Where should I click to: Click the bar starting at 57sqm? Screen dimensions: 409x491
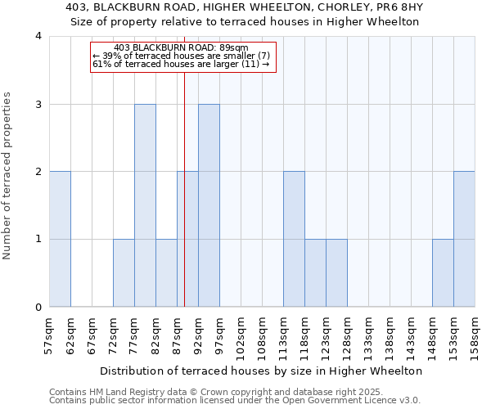coord(60,240)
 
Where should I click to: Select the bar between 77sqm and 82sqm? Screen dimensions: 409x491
coord(145,205)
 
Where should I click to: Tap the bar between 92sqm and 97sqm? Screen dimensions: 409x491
coord(209,205)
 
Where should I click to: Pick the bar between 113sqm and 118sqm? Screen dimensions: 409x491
coord(294,240)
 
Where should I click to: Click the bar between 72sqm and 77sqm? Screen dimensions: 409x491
coord(124,273)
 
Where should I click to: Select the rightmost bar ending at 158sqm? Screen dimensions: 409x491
coord(464,240)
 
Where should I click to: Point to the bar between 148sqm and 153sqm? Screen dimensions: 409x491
coord(443,273)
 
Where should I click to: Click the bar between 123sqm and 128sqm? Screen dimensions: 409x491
coord(336,273)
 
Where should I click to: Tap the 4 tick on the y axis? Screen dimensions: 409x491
coord(38,36)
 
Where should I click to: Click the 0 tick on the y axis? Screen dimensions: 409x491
coord(38,308)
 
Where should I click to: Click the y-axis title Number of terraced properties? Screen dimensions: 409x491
coord(8,176)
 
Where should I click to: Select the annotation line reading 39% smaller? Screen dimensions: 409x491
coord(182,56)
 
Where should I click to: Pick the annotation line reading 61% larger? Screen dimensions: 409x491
coord(182,64)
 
